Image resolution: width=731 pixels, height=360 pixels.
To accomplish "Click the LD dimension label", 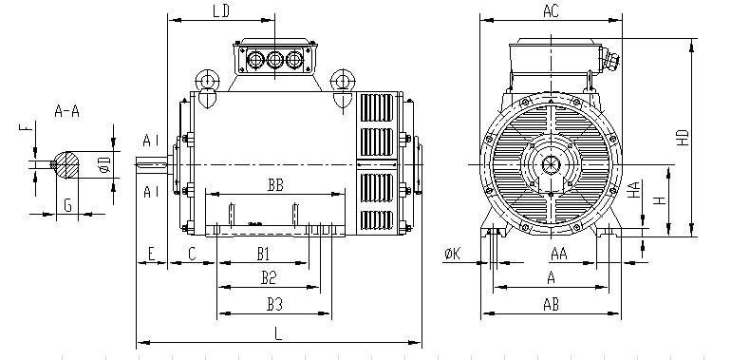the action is pyautogui.click(x=221, y=11).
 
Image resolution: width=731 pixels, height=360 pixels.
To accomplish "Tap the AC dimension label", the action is pyautogui.click(x=551, y=11).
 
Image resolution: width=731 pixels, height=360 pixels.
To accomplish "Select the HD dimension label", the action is pyautogui.click(x=683, y=137).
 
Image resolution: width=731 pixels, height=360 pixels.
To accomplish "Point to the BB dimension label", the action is pyautogui.click(x=275, y=185).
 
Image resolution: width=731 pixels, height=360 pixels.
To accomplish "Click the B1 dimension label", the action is pyautogui.click(x=264, y=255).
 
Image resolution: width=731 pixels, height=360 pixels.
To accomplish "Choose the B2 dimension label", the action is pyautogui.click(x=269, y=278).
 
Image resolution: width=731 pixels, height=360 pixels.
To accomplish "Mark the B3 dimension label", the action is pyautogui.click(x=275, y=305).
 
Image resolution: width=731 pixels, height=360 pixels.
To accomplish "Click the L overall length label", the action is pyautogui.click(x=278, y=334).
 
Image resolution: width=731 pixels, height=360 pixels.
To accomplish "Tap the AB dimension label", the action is pyautogui.click(x=551, y=305).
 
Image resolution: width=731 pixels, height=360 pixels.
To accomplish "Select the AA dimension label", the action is pyautogui.click(x=559, y=255).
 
